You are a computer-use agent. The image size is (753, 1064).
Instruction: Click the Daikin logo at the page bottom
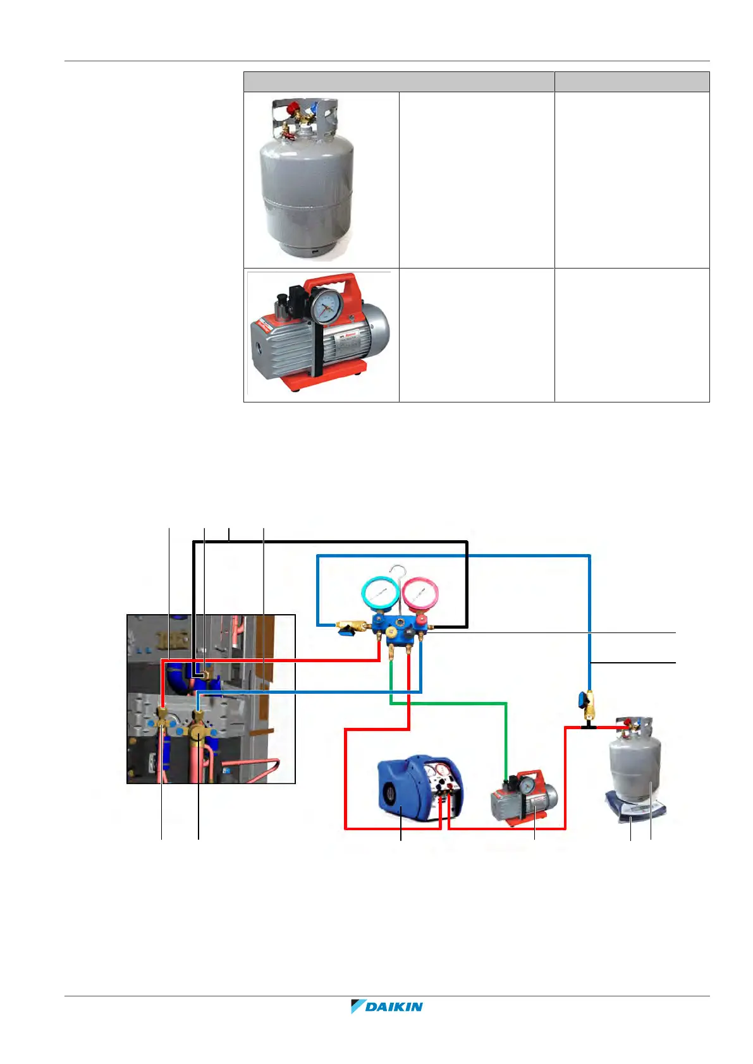(387, 1006)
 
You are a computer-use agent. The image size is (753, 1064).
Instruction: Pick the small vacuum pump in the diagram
(524, 798)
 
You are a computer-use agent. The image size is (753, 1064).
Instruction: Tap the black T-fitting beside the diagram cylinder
(589, 727)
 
